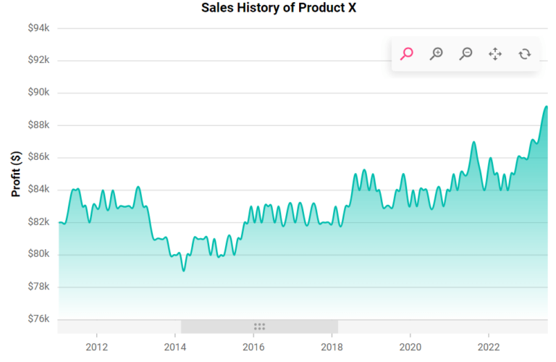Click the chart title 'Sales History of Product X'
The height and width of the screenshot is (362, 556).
pyautogui.click(x=279, y=8)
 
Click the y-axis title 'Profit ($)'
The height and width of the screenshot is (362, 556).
pyautogui.click(x=16, y=174)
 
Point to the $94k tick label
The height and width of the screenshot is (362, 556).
pyautogui.click(x=38, y=28)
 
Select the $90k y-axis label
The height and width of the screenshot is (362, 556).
pyautogui.click(x=38, y=93)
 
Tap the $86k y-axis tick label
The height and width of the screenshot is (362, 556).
pyautogui.click(x=38, y=157)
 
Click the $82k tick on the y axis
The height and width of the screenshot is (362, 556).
pyautogui.click(x=38, y=222)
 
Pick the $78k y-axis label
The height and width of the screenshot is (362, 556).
pyautogui.click(x=38, y=287)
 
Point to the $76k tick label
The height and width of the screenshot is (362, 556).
pyautogui.click(x=38, y=319)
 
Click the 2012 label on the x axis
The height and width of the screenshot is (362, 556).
pyautogui.click(x=96, y=346)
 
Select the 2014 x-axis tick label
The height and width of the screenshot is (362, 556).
pyautogui.click(x=174, y=346)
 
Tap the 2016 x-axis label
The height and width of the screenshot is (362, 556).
pyautogui.click(x=253, y=346)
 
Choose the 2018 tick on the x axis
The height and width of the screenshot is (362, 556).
pyautogui.click(x=332, y=346)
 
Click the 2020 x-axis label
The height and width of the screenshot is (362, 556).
pyautogui.click(x=410, y=346)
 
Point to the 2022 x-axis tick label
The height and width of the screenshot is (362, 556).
pyautogui.click(x=489, y=346)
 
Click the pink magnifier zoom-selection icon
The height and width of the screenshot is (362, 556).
pyautogui.click(x=407, y=54)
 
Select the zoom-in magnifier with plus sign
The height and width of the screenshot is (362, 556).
pyautogui.click(x=437, y=54)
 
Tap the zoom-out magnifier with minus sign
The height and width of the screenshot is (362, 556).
pyautogui.click(x=466, y=54)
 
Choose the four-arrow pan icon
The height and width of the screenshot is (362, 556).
pyautogui.click(x=495, y=54)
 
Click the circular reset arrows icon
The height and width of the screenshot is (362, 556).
pyautogui.click(x=525, y=54)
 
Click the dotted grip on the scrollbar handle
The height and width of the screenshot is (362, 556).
pyautogui.click(x=259, y=327)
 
